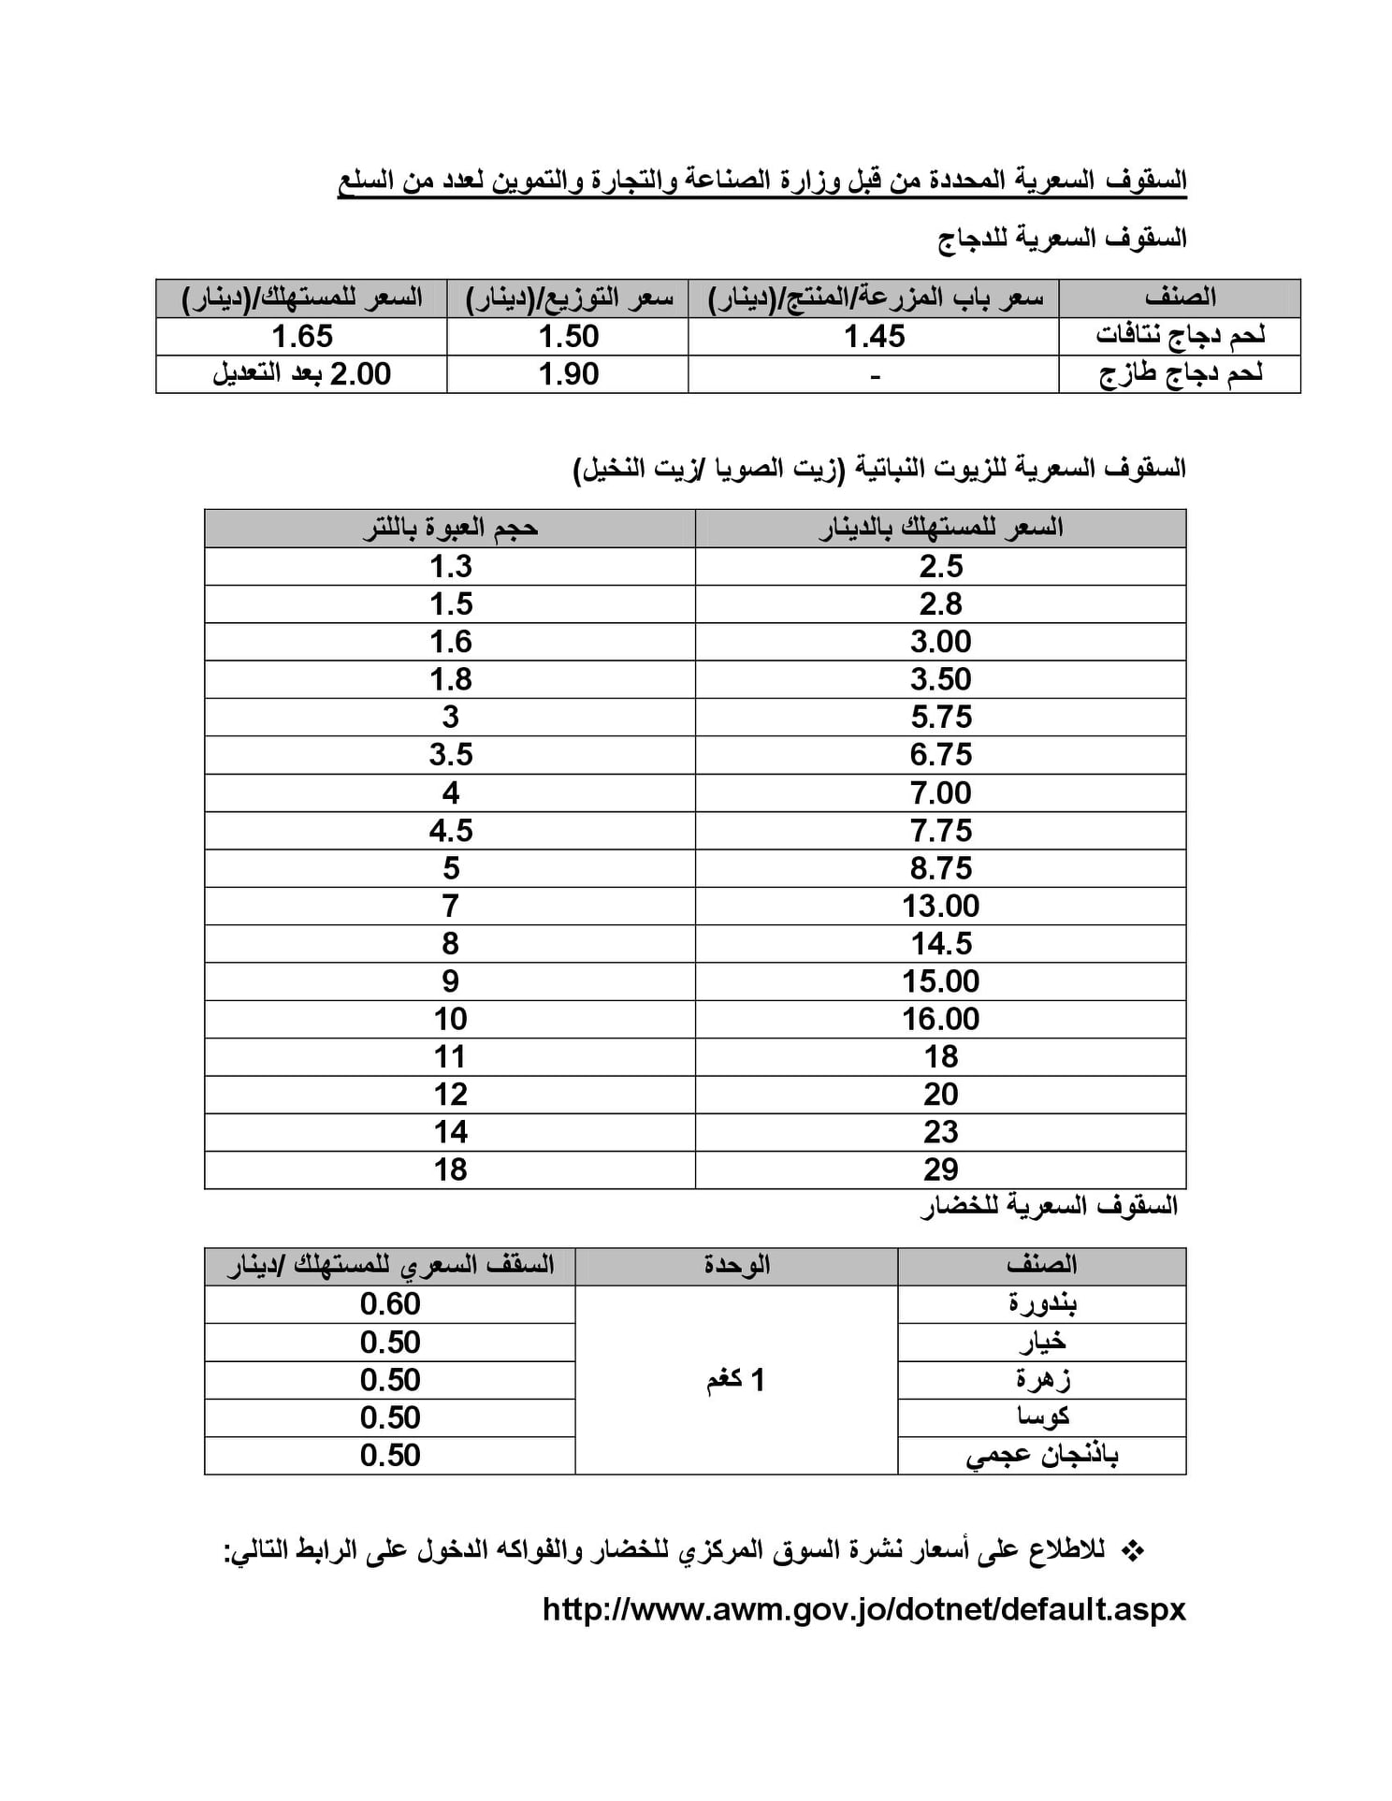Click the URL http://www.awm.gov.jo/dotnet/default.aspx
[x=863, y=1608]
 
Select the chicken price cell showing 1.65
[x=301, y=336]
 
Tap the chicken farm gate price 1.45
[x=874, y=336]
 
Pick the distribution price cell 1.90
[x=568, y=374]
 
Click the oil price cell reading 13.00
[x=940, y=906]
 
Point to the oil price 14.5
[x=940, y=943]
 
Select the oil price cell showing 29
[x=940, y=1169]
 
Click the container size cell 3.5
[x=450, y=754]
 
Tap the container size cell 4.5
[x=450, y=830]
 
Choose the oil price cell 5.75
[x=940, y=717]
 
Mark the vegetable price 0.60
[x=390, y=1303]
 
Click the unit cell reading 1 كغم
[x=735, y=1380]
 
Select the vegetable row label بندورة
[x=1042, y=1303]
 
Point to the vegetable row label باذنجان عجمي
[x=1042, y=1455]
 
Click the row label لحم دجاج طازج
[x=1180, y=374]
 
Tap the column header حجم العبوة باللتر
[x=450, y=529]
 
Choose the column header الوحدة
[x=736, y=1265]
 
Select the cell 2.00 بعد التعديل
[x=301, y=374]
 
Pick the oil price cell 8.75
[x=940, y=867]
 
